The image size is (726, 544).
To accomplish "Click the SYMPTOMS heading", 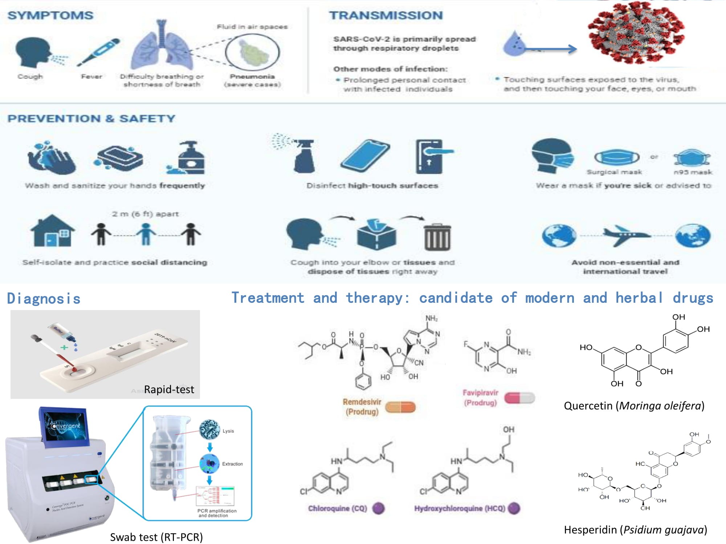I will (x=50, y=16).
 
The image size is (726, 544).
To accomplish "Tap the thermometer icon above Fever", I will (x=98, y=52).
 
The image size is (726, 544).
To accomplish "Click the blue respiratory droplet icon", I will (x=512, y=44).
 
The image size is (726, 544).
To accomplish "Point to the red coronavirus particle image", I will (x=636, y=32).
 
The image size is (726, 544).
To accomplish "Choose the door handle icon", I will (x=432, y=156).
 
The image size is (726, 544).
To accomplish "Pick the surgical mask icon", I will (x=616, y=157).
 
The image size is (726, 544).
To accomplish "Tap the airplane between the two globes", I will (x=625, y=235).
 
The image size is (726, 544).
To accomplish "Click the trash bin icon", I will (x=437, y=237).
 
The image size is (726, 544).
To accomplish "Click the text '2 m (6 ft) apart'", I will (x=145, y=214).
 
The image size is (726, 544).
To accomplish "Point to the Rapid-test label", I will (x=169, y=390).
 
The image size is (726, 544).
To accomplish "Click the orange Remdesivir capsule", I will (x=400, y=407).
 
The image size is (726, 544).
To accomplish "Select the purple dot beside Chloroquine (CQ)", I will (x=379, y=508).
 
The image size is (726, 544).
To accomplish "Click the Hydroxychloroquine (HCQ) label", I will (x=460, y=508).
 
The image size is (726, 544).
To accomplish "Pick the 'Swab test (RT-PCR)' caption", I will (x=156, y=537).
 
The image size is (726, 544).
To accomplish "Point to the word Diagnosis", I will (x=44, y=299).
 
